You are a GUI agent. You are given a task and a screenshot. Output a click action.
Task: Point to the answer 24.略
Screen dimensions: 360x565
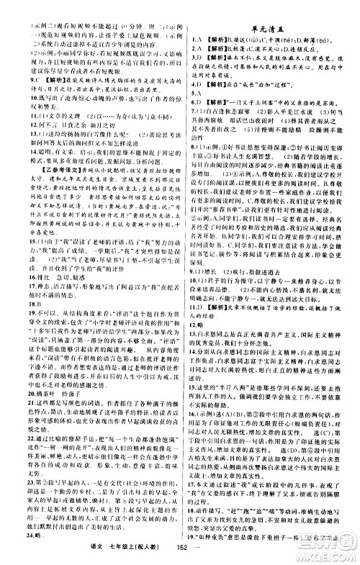(x=23, y=535)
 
